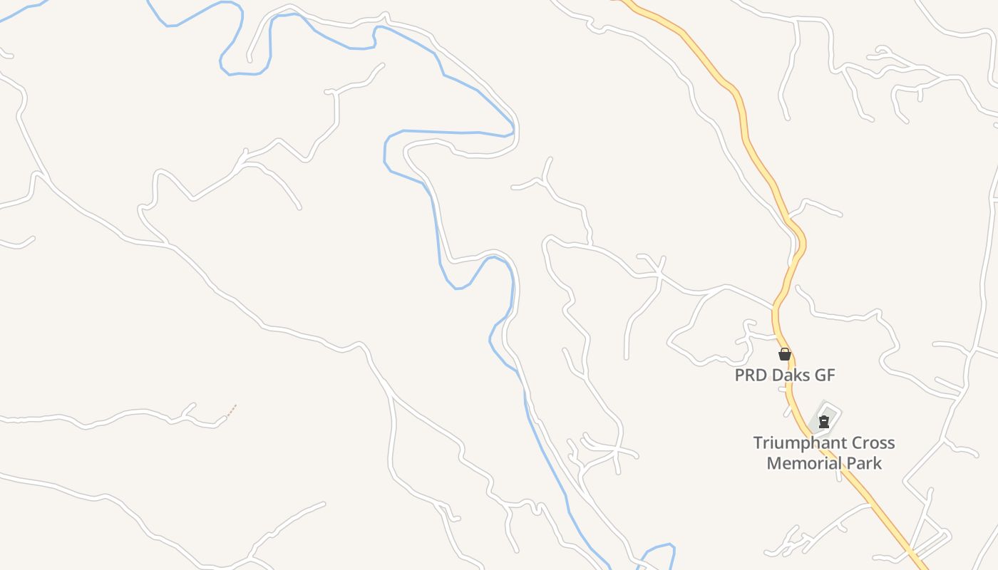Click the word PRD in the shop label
click(x=750, y=375)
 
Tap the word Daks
click(x=790, y=375)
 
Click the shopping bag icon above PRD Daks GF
click(x=785, y=354)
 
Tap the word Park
click(x=864, y=463)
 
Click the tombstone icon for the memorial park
click(x=824, y=421)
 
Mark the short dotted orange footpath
click(x=230, y=410)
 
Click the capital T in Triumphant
click(x=758, y=443)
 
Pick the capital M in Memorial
click(x=774, y=463)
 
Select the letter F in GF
click(x=830, y=375)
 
